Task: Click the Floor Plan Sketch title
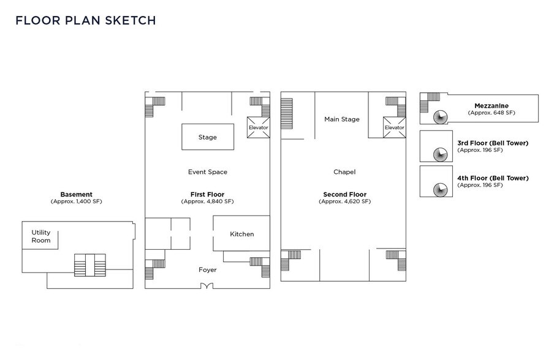click(x=86, y=20)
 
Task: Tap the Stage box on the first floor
click(x=208, y=137)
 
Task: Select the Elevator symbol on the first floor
click(x=258, y=127)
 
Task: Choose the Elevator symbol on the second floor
click(x=394, y=127)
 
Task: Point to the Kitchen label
click(x=242, y=234)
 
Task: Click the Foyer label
click(x=208, y=270)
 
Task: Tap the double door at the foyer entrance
click(x=207, y=286)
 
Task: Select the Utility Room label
click(x=41, y=236)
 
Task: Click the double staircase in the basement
click(x=90, y=265)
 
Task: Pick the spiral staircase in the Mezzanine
click(x=441, y=117)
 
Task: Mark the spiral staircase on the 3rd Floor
click(x=441, y=154)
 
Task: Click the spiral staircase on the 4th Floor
click(x=441, y=190)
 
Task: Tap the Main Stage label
click(x=342, y=119)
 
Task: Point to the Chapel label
click(x=344, y=172)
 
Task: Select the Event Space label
click(x=208, y=172)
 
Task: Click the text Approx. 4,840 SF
click(x=208, y=201)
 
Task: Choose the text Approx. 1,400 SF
click(x=77, y=201)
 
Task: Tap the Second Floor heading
click(x=344, y=194)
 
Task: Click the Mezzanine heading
click(x=491, y=106)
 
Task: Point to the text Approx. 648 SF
click(x=491, y=113)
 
